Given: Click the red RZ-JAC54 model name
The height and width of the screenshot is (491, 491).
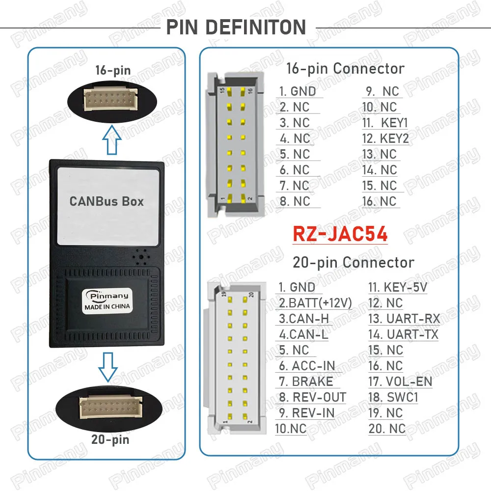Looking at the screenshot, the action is [340, 234].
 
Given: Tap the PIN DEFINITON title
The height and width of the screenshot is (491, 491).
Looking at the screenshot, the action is [236, 27].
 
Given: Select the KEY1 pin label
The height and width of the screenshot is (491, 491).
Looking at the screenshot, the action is [394, 123].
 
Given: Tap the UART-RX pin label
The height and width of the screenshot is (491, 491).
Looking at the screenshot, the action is [413, 319].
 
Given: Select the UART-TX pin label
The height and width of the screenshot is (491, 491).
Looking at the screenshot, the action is [412, 334].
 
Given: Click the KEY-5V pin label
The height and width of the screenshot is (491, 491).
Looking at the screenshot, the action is [405, 287].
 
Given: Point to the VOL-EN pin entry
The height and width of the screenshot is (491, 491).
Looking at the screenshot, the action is [409, 382].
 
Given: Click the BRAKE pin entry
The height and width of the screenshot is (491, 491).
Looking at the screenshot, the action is [312, 382].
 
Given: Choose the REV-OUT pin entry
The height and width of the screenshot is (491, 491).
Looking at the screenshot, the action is [319, 397].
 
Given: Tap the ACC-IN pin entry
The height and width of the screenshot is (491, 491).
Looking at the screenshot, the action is [313, 366].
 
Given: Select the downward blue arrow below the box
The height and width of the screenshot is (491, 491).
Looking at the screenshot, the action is [108, 367].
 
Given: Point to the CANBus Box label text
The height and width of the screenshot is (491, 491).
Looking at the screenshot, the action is [107, 201].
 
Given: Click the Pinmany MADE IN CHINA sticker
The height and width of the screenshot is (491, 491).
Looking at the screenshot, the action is [107, 300].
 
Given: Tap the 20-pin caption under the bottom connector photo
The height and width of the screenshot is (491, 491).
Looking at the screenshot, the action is [110, 439].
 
